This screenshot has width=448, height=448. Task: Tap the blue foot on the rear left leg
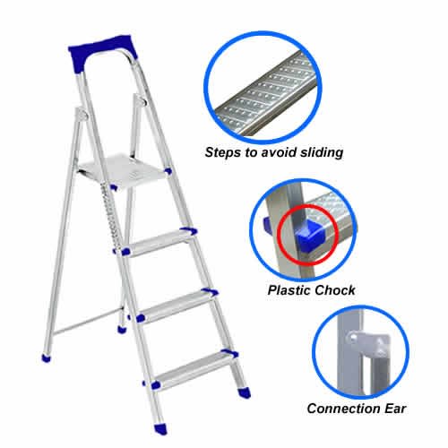pos(44,358)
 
